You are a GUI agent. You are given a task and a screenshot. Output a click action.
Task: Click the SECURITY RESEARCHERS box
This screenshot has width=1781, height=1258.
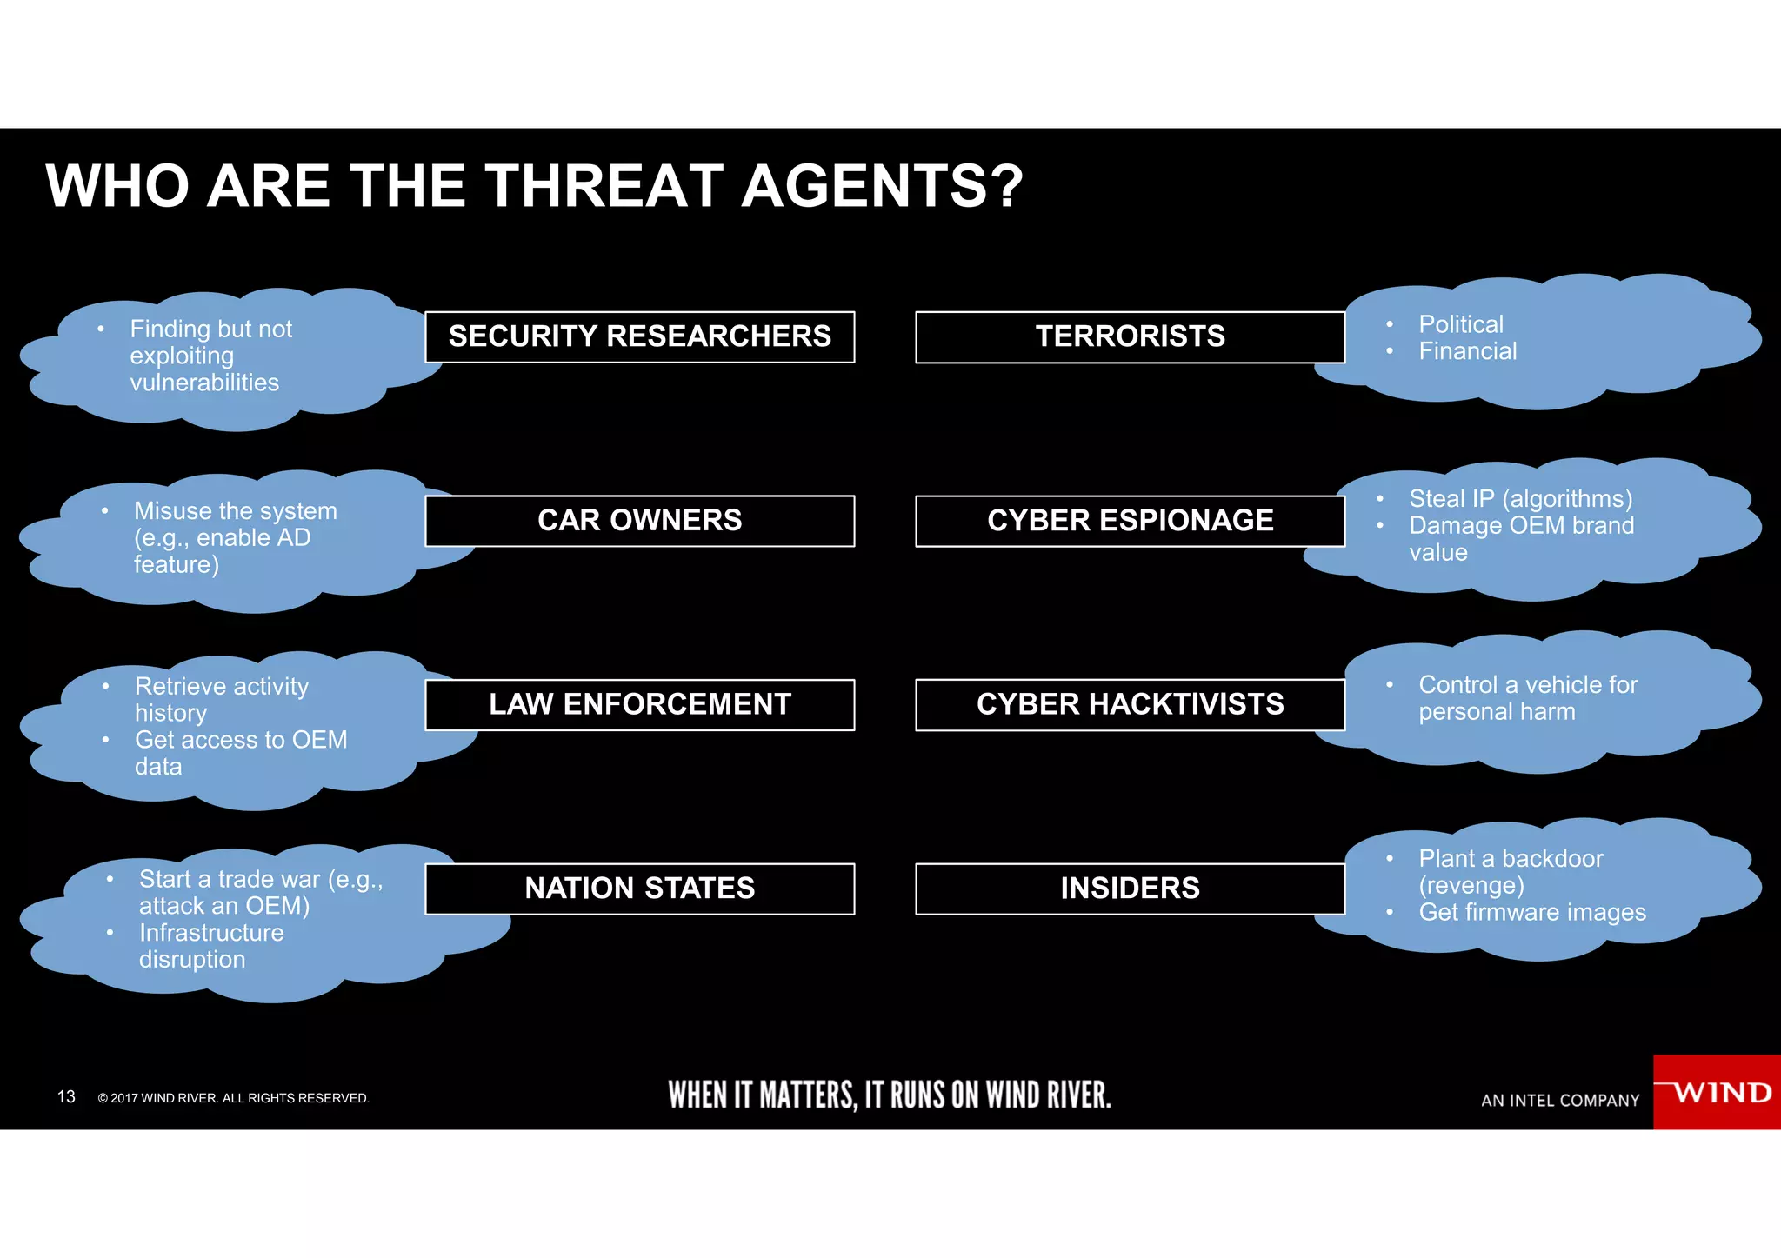click(x=639, y=336)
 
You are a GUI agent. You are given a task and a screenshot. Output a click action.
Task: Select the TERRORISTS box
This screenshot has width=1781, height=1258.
click(x=1130, y=336)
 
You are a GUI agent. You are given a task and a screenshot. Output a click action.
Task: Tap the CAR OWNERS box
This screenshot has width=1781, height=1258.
click(x=639, y=521)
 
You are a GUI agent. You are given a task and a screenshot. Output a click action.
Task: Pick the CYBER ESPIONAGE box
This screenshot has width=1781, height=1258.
click(x=1130, y=521)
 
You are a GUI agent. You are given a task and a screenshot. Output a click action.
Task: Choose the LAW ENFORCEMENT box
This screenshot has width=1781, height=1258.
click(x=639, y=704)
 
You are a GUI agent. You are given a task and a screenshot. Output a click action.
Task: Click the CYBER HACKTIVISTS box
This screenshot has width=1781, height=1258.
click(x=1130, y=704)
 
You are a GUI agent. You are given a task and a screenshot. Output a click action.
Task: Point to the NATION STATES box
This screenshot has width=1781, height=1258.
click(x=639, y=889)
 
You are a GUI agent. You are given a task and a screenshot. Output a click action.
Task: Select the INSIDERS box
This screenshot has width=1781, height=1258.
click(x=1130, y=889)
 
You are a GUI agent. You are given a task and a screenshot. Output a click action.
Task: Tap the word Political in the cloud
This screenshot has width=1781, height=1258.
click(x=1461, y=324)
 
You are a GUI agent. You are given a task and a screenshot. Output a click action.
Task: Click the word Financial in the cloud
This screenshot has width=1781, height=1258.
click(x=1467, y=351)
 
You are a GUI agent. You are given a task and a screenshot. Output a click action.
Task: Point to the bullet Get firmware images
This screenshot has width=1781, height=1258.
click(x=1532, y=912)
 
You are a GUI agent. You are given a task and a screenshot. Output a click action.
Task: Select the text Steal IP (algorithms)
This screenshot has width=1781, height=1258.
click(x=1520, y=499)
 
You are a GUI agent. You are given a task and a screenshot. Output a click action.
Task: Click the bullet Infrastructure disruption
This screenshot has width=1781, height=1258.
click(x=211, y=946)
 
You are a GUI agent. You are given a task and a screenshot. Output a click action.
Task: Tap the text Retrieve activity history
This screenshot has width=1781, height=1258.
click(x=221, y=699)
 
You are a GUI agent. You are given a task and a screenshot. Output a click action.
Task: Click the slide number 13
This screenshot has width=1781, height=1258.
click(x=66, y=1097)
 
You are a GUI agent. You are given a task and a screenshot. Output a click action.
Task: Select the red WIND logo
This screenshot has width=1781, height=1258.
click(x=1717, y=1092)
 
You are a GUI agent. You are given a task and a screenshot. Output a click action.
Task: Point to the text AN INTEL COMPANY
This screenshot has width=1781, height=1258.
click(x=1560, y=1101)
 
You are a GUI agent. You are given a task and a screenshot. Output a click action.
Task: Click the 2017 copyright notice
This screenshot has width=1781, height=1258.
click(x=233, y=1098)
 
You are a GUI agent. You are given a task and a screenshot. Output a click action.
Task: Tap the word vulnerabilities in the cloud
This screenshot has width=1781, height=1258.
click(x=204, y=383)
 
